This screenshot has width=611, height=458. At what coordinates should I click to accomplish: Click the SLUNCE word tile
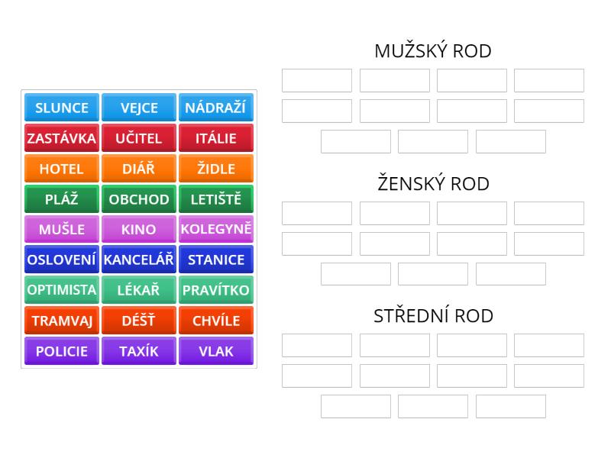click(62, 108)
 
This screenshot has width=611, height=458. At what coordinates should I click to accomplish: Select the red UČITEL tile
click(138, 138)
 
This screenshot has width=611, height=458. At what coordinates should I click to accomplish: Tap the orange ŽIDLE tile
click(215, 169)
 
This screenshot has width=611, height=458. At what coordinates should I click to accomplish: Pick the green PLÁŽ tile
click(62, 199)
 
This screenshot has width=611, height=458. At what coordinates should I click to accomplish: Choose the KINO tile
click(138, 229)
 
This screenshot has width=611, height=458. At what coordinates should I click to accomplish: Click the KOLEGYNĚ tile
click(215, 229)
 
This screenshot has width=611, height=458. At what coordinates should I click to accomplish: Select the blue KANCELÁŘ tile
click(138, 260)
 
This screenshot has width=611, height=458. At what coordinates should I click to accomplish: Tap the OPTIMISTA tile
click(62, 290)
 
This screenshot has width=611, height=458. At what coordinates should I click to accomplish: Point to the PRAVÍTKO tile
click(215, 290)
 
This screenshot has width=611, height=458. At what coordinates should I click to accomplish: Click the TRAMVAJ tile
click(62, 321)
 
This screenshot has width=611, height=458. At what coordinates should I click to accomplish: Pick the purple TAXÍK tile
click(138, 351)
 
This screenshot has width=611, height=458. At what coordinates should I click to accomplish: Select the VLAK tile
click(215, 351)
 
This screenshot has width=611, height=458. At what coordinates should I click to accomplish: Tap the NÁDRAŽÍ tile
click(215, 108)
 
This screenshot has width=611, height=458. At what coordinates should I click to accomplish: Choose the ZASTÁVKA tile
click(62, 138)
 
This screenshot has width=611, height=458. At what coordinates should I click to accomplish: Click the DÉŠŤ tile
click(138, 321)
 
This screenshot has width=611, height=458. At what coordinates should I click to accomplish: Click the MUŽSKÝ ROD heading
click(432, 51)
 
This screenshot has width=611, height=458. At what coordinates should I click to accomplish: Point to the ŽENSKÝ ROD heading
click(432, 184)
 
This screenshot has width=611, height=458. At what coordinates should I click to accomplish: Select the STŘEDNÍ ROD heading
click(432, 316)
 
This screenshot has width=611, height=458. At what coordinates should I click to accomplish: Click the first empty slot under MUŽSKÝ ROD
click(317, 80)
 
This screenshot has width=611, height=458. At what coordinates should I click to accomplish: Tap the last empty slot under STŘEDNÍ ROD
click(510, 406)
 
